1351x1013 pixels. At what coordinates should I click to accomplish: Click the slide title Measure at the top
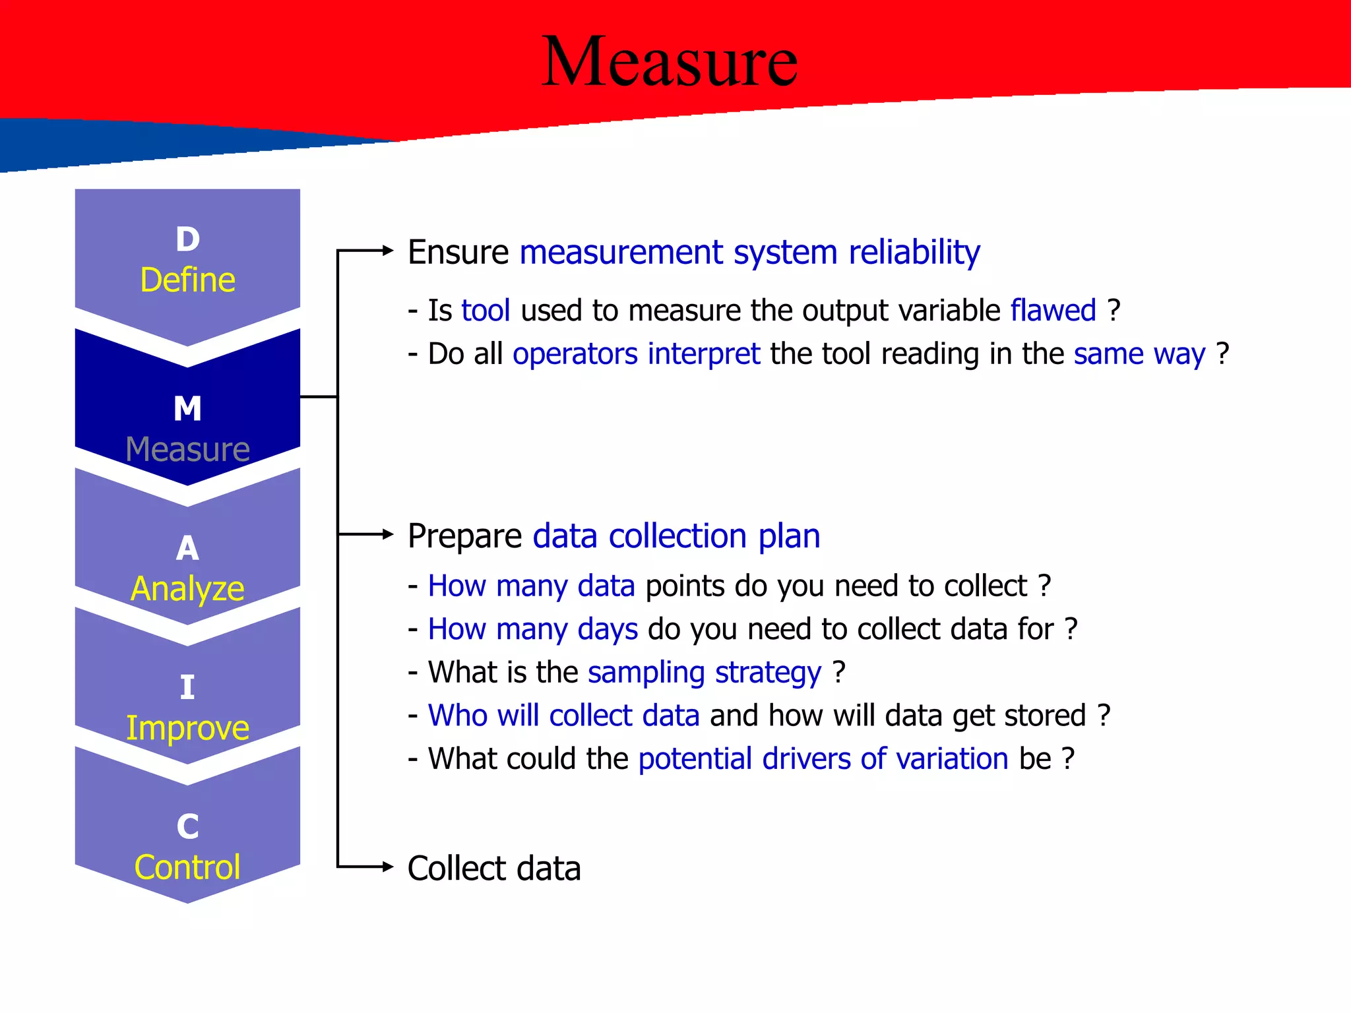(669, 62)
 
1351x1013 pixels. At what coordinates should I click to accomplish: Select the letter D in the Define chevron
(187, 239)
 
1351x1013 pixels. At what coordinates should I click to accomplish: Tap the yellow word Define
(187, 280)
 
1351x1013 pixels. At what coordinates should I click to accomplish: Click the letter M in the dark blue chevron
(187, 409)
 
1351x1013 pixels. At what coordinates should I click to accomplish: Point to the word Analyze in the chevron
(187, 589)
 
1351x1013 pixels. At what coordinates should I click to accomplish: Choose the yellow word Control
(187, 867)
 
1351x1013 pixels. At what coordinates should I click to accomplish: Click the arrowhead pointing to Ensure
(388, 251)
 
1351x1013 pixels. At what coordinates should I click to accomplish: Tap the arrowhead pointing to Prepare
(388, 534)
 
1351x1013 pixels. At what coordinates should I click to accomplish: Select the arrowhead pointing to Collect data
(388, 867)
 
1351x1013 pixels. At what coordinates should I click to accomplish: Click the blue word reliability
(914, 253)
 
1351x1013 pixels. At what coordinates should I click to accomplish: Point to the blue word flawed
(1053, 311)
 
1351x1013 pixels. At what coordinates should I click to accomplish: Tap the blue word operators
(575, 354)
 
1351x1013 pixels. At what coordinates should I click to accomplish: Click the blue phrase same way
(1139, 354)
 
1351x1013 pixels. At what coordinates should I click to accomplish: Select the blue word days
(607, 630)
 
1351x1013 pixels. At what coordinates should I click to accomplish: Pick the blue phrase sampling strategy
(704, 673)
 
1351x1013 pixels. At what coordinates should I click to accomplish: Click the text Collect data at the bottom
(494, 869)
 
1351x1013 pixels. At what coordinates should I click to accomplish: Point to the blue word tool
(486, 311)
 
